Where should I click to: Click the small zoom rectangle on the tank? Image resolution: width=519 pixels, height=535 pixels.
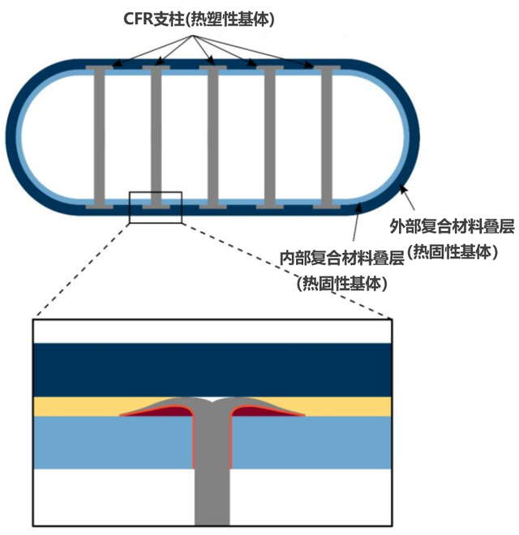(156, 207)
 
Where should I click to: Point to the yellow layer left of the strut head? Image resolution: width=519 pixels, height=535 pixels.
(73, 405)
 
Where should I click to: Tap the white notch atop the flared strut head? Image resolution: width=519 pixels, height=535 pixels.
(212, 400)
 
